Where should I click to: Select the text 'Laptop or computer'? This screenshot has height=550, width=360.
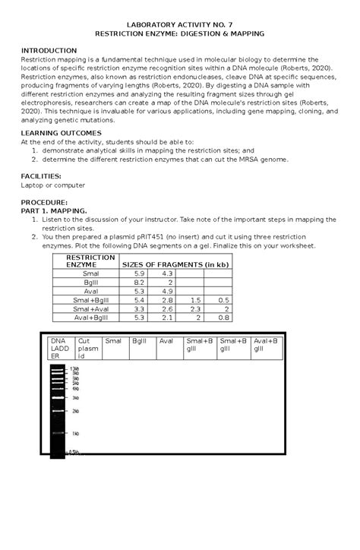[53, 185]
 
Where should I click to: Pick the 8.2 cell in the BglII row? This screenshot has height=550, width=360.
[139, 281]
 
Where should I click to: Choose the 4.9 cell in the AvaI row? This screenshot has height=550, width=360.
[167, 290]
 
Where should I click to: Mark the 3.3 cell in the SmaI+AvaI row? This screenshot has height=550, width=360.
[139, 308]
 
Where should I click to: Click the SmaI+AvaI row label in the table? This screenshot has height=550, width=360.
[90, 308]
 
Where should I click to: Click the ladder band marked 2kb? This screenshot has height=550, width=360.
[58, 411]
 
